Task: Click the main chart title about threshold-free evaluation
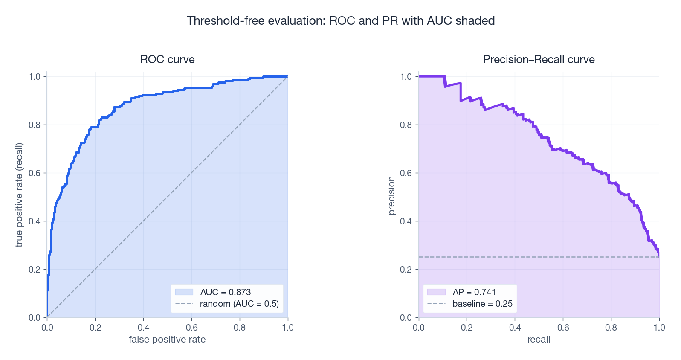340,21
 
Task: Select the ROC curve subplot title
167,59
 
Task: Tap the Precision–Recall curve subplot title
539,59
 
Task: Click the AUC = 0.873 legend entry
225,292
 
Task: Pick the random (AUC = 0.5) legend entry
239,304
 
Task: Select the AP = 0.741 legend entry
474,292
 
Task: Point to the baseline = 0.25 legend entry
482,304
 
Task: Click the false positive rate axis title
167,340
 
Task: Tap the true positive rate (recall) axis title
19,195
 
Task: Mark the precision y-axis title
391,196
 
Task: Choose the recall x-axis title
539,340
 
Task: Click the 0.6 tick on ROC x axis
191,328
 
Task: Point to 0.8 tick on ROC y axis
35,125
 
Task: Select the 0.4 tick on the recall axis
515,328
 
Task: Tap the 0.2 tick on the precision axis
406,270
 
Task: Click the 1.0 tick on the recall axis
659,328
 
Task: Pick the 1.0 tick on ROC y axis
35,77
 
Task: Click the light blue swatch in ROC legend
184,292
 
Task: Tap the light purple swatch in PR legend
436,292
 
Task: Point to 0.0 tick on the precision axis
406,318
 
